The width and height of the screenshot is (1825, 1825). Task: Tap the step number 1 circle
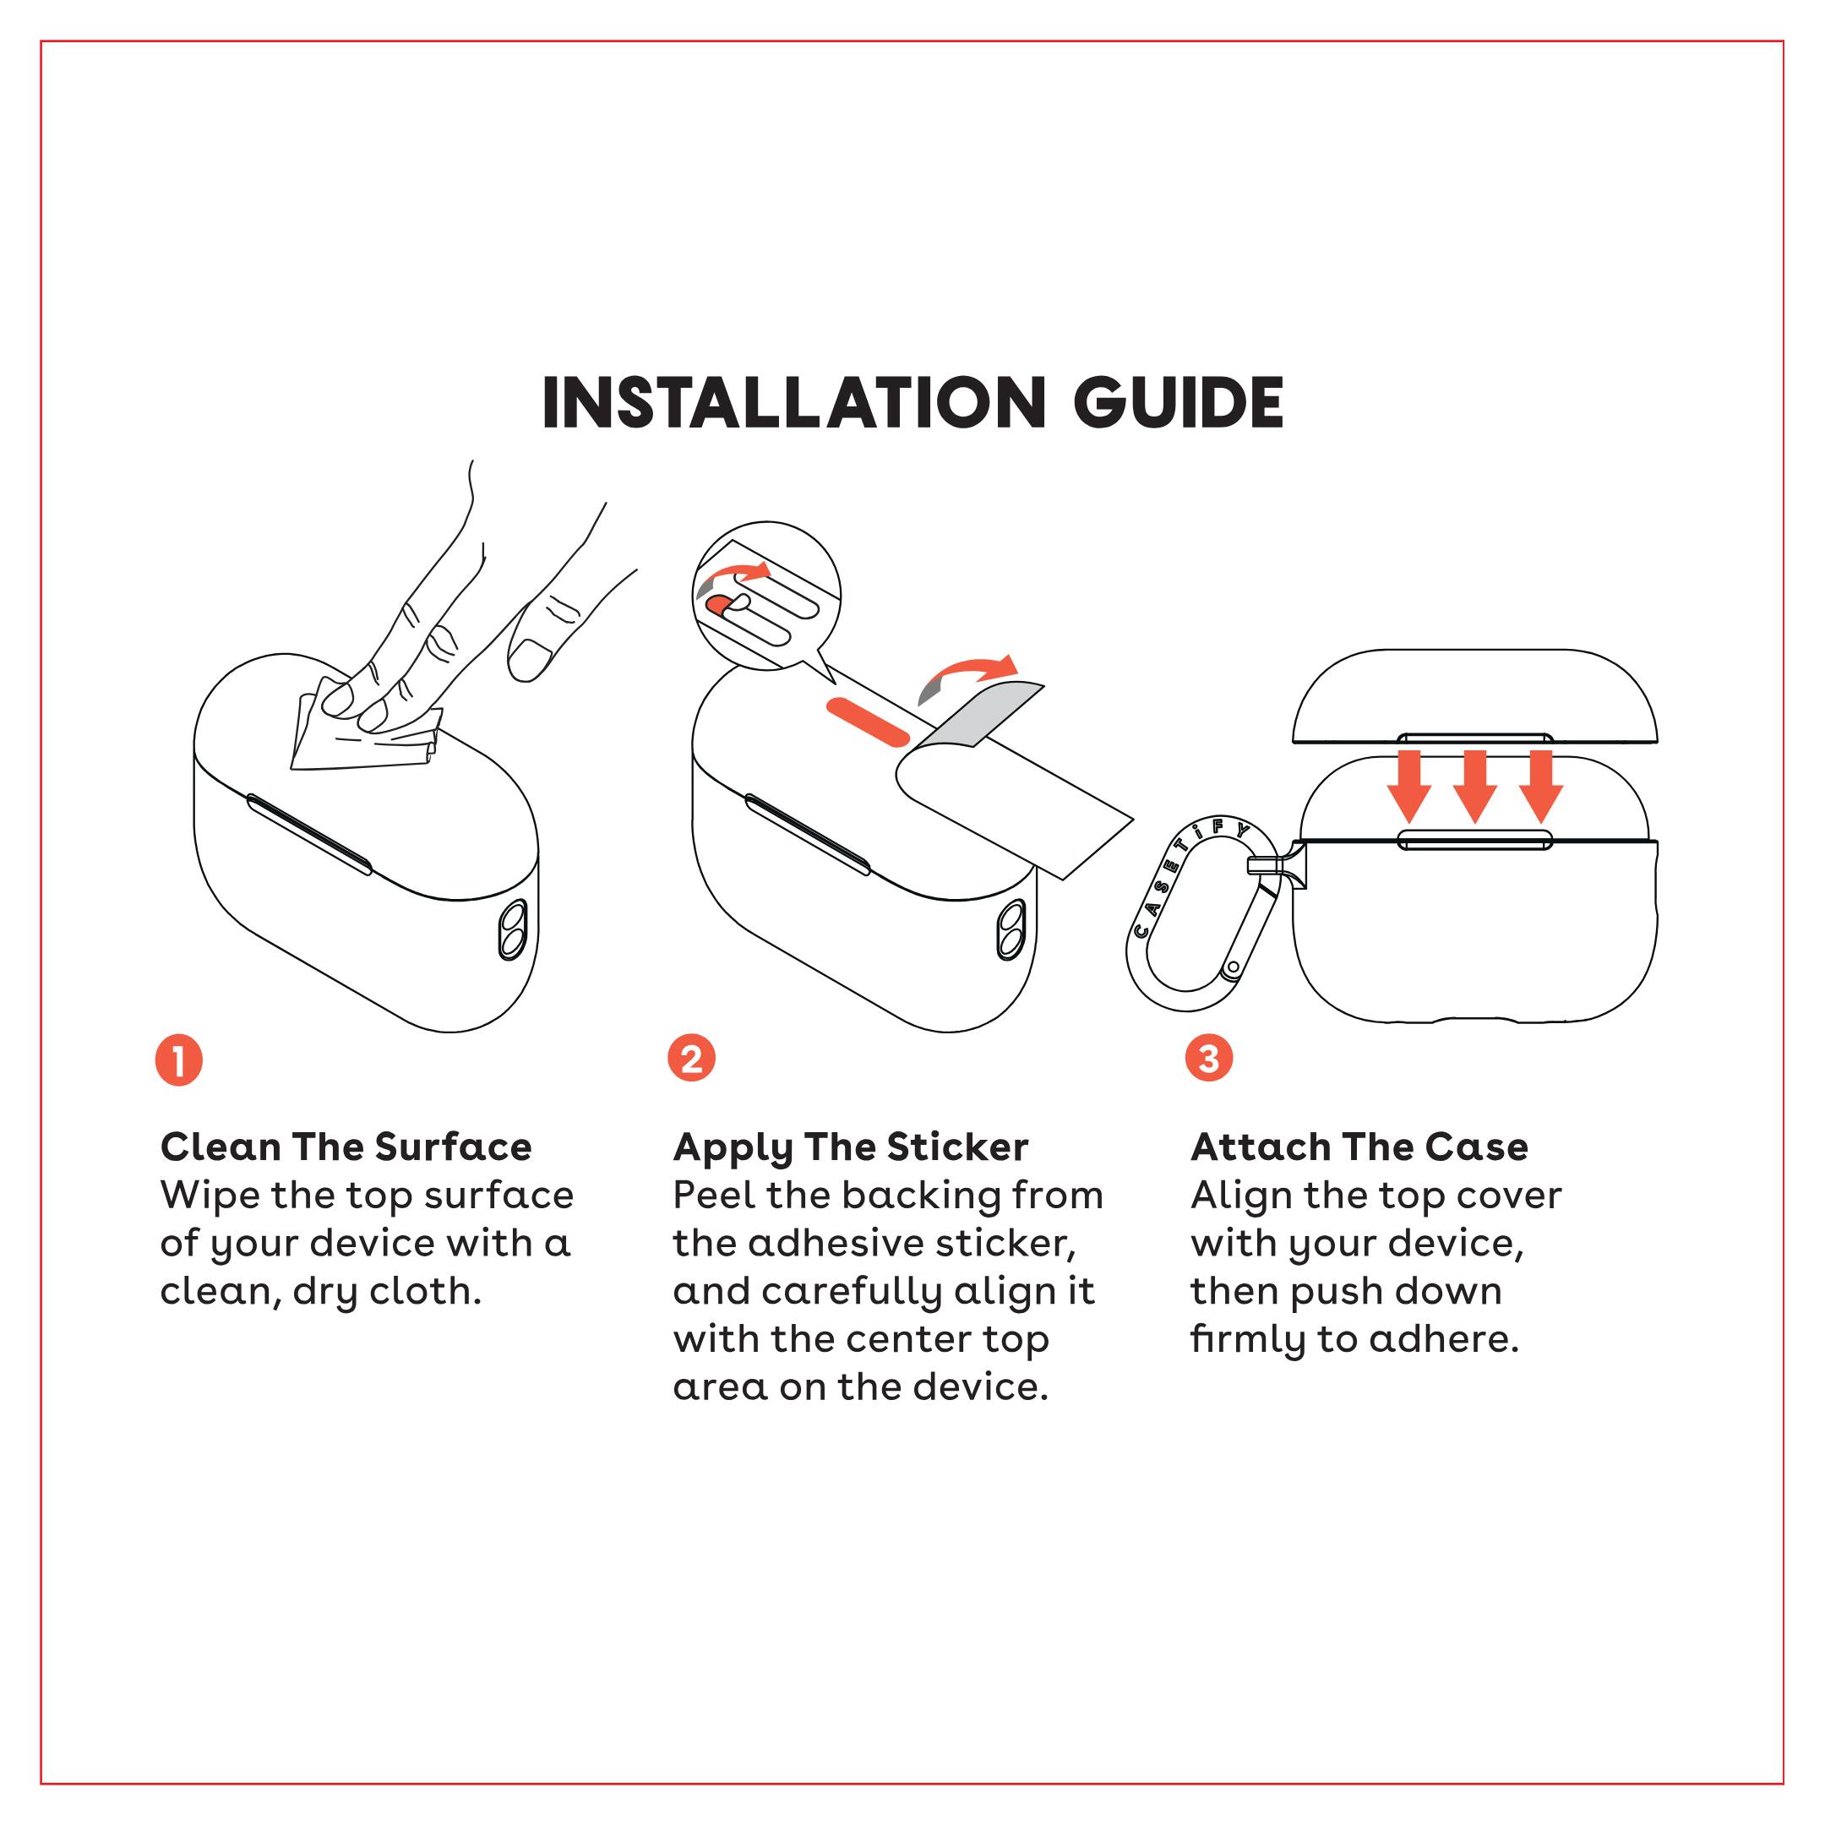point(178,1060)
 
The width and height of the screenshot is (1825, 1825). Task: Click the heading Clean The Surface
point(346,1147)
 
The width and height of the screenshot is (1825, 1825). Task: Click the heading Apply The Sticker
point(850,1147)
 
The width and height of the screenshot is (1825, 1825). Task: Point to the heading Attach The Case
point(1359,1147)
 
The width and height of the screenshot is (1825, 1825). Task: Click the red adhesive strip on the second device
point(867,721)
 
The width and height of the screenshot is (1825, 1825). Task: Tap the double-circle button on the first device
point(513,929)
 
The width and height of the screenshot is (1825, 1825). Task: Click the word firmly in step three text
point(1248,1339)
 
